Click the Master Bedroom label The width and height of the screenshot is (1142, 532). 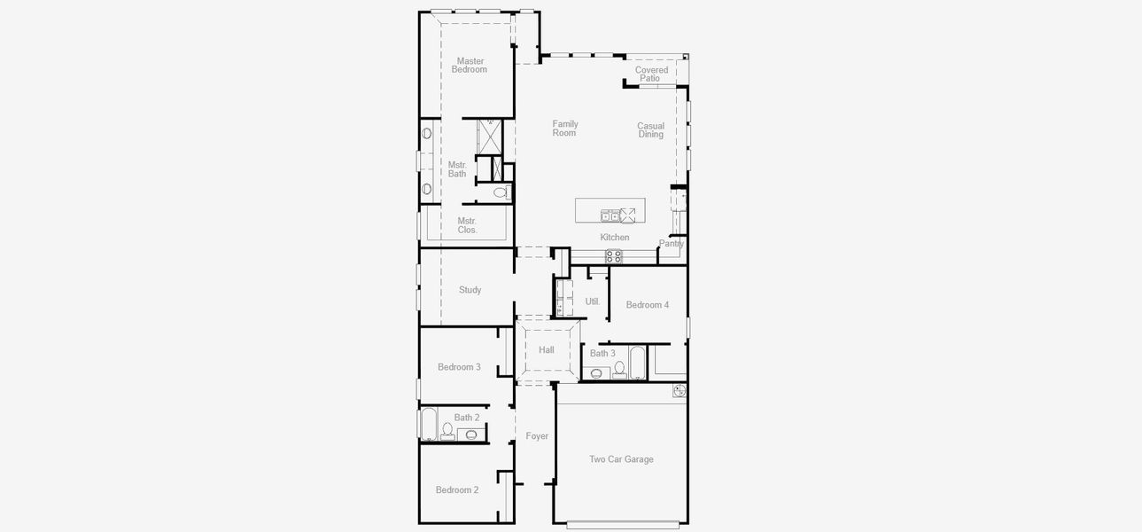click(470, 66)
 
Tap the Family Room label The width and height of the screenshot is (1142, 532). click(564, 129)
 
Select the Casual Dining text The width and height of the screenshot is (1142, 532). click(650, 130)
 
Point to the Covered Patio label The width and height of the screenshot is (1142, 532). click(651, 74)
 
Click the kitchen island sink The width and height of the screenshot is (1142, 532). click(610, 215)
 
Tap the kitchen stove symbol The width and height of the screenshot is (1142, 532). click(613, 256)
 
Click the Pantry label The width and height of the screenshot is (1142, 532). click(672, 244)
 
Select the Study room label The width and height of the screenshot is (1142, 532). click(470, 290)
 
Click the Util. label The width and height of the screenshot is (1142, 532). click(593, 301)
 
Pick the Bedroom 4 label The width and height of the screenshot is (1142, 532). click(647, 305)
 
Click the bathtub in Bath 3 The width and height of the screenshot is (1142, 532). click(638, 362)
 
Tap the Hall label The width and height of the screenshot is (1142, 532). click(547, 350)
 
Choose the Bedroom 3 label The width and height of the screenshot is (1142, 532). click(459, 367)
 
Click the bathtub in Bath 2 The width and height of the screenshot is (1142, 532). click(429, 425)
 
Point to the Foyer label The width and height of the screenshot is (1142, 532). click(537, 436)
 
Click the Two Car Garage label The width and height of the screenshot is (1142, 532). click(621, 459)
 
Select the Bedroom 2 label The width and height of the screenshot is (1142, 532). click(457, 490)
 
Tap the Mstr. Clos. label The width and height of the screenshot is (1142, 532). click(467, 225)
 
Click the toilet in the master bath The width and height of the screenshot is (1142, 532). click(501, 192)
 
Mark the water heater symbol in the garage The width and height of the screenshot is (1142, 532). click(680, 390)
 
